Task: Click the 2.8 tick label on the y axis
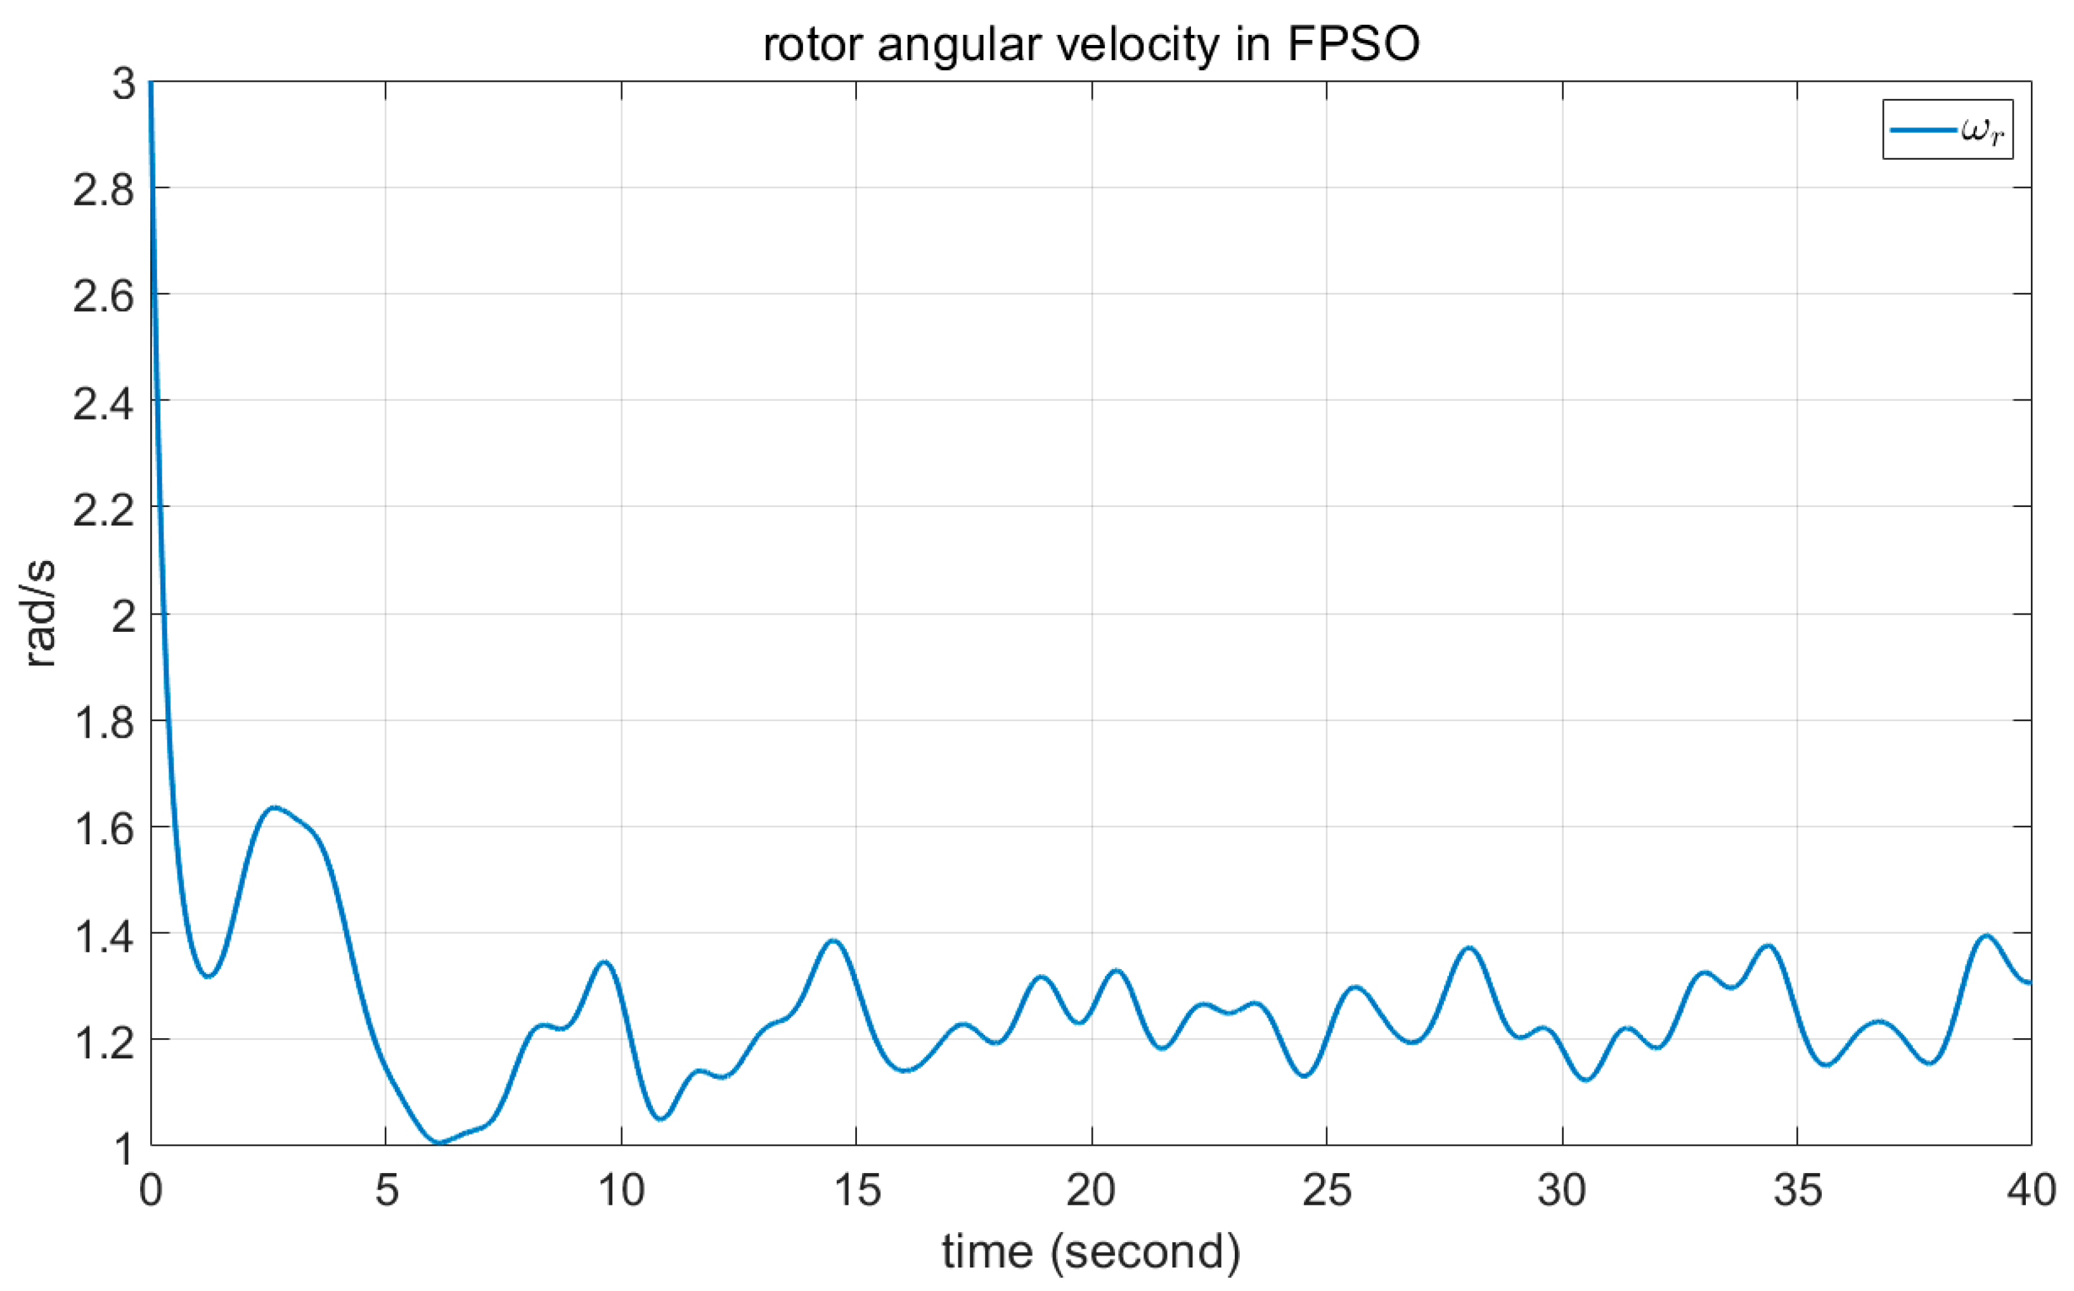click(x=103, y=189)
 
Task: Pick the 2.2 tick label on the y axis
click(x=103, y=509)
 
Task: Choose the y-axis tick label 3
click(x=124, y=84)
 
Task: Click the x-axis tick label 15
click(x=856, y=1190)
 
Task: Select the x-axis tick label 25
click(x=1327, y=1190)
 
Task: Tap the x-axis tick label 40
click(x=2030, y=1190)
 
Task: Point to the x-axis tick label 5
click(x=386, y=1190)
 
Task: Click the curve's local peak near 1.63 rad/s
click(x=273, y=807)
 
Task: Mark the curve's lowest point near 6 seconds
click(x=438, y=1143)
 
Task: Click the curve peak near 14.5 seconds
click(x=834, y=941)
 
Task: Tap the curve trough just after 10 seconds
click(x=661, y=1119)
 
